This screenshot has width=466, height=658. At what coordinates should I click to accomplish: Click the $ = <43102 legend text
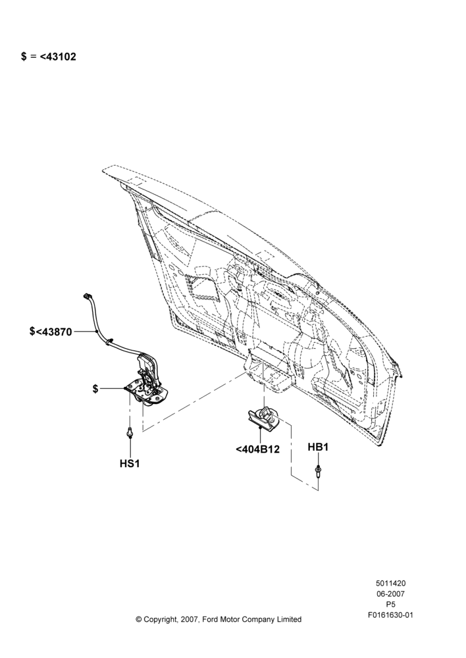tap(49, 57)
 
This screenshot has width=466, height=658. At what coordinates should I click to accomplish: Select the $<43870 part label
tap(51, 332)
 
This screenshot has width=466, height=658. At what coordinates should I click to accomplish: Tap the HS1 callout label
tap(130, 464)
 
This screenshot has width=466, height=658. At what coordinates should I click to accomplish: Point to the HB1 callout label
tap(318, 447)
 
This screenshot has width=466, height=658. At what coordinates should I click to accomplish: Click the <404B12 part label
tap(257, 449)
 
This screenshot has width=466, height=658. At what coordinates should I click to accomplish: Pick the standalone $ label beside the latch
tap(95, 389)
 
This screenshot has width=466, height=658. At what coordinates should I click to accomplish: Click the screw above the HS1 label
tap(130, 432)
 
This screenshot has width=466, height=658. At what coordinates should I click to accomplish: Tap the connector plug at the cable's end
tap(87, 296)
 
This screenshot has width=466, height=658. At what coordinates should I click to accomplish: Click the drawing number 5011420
tap(390, 583)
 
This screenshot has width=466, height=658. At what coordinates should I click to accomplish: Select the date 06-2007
tap(390, 594)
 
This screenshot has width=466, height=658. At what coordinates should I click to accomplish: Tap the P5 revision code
tap(390, 605)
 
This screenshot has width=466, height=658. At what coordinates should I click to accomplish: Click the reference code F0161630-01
tap(390, 615)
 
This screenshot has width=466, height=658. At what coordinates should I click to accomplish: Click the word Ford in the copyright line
tap(211, 619)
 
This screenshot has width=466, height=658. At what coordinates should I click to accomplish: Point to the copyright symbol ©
tap(139, 619)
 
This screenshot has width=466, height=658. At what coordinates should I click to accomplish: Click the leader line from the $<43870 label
tap(85, 332)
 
